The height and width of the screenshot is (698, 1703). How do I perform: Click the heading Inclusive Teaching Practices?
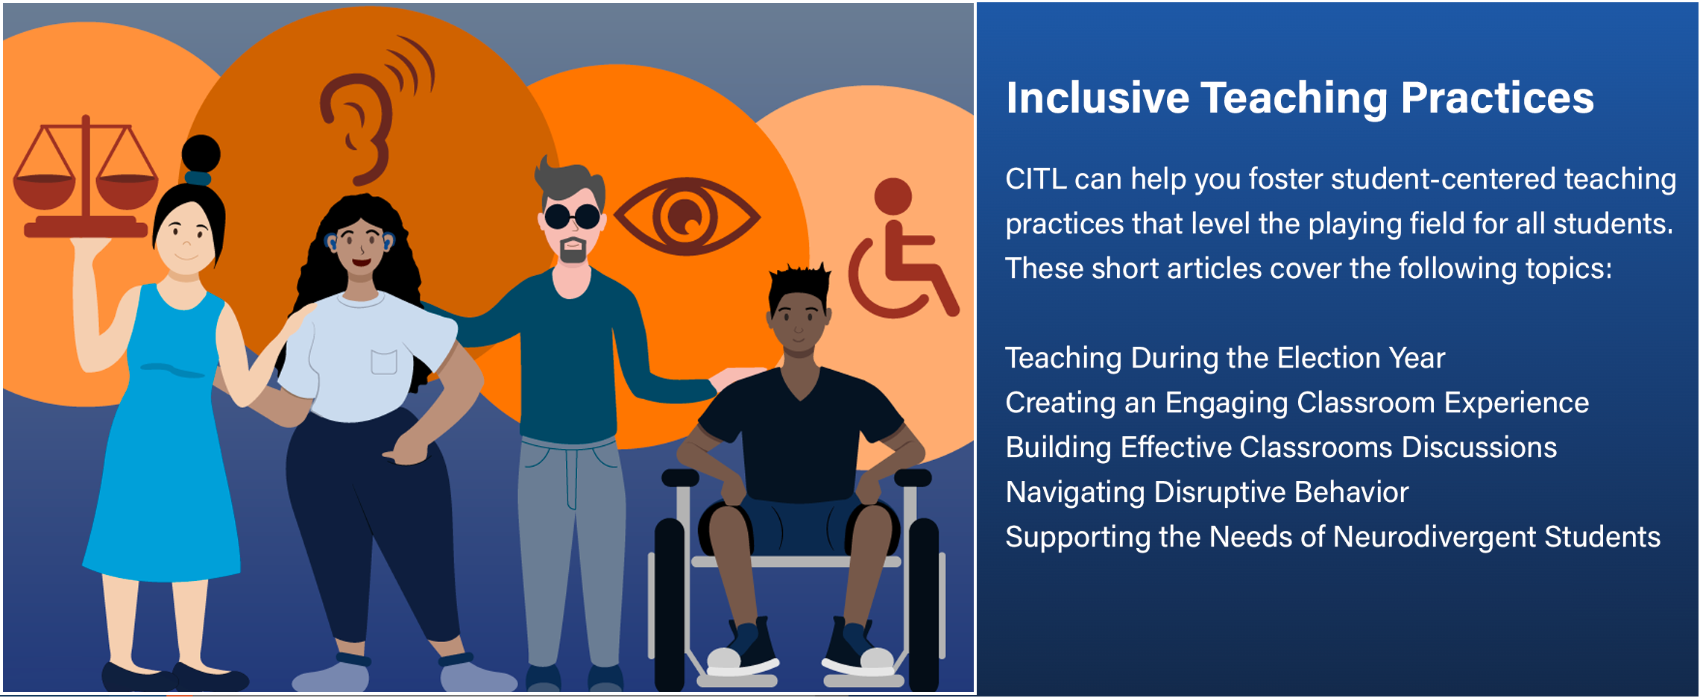click(1299, 98)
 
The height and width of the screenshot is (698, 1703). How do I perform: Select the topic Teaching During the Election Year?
click(1224, 358)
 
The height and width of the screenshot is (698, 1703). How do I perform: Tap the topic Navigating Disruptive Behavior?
click(1206, 492)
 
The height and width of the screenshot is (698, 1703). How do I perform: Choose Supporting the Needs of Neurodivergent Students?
click(1332, 537)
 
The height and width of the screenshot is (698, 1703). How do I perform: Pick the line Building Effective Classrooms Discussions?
click(1280, 447)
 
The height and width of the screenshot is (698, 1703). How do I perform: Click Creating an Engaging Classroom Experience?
click(1296, 403)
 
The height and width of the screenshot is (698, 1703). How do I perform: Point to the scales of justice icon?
click(86, 179)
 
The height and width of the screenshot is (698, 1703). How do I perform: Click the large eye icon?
click(686, 217)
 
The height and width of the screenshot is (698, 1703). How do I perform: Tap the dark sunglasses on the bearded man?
click(573, 216)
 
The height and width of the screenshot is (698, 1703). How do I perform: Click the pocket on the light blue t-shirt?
click(384, 362)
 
